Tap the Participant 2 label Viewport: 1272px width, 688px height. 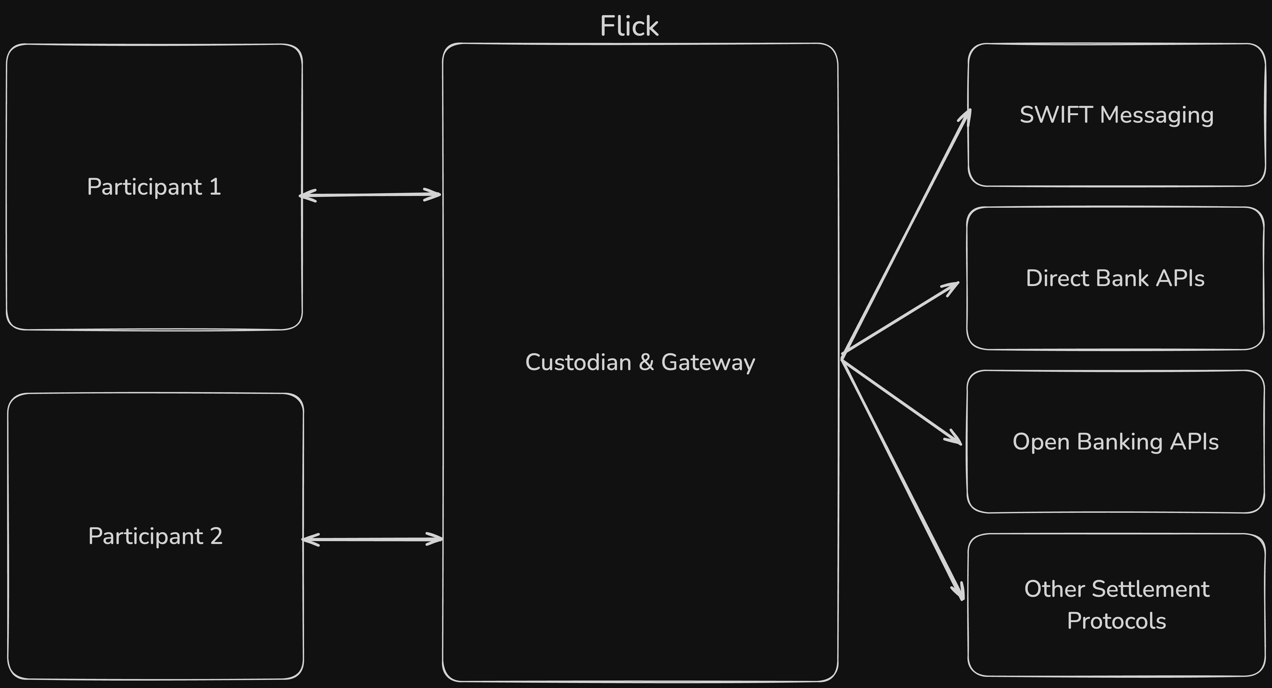point(155,536)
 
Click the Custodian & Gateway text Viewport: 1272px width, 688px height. point(640,362)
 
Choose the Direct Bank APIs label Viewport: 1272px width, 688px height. point(1115,278)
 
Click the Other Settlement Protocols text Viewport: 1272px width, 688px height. point(1116,604)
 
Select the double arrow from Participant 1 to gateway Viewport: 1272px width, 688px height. point(370,195)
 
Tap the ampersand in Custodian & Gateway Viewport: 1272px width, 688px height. point(646,362)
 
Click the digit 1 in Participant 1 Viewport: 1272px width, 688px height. point(215,187)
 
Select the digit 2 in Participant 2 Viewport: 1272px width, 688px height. point(216,536)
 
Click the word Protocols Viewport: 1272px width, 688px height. point(1116,621)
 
